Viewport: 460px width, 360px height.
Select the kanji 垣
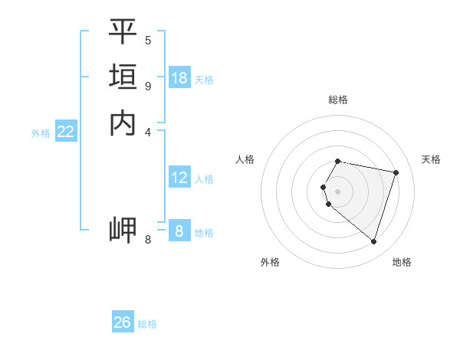[123, 77]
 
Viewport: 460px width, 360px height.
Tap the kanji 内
[123, 123]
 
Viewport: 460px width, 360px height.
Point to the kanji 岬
[123, 231]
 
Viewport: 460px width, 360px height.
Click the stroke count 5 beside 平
[148, 40]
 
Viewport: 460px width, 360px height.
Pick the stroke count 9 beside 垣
[148, 85]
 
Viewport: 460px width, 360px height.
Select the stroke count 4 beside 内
[148, 131]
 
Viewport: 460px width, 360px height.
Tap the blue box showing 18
[179, 78]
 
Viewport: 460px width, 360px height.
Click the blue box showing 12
[179, 178]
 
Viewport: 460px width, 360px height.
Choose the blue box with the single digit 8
[179, 231]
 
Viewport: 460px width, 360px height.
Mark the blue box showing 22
[66, 132]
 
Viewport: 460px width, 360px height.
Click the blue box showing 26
[123, 322]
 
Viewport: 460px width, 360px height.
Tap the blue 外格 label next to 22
[41, 133]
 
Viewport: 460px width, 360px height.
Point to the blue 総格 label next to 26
[147, 324]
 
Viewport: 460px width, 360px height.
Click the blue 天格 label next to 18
[204, 80]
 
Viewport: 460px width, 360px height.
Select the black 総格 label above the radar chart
[338, 100]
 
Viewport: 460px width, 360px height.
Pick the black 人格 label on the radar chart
[245, 159]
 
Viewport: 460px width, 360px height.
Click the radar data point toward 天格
[396, 172]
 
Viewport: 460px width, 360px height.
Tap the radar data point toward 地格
[373, 242]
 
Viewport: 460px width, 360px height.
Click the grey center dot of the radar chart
[338, 191]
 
